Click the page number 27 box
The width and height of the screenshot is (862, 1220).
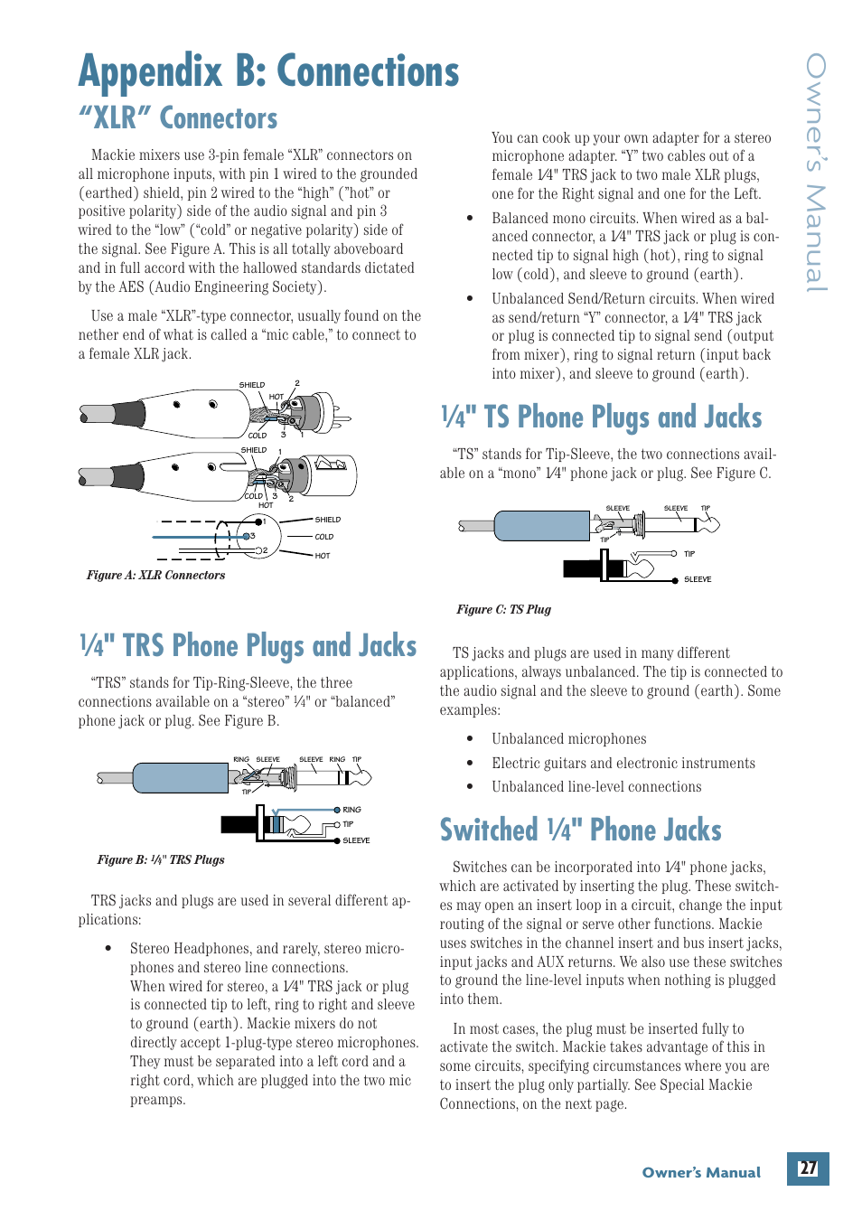point(807,1168)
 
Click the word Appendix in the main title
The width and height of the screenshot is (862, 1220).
point(150,72)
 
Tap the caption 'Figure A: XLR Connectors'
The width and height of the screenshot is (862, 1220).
point(155,576)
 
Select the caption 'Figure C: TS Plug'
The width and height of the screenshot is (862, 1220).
point(503,610)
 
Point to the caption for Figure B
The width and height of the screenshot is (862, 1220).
point(161,860)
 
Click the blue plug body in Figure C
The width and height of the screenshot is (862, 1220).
point(541,525)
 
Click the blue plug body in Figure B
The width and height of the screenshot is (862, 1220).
point(180,777)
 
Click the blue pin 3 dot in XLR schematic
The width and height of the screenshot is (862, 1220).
point(247,537)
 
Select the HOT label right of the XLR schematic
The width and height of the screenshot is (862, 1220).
point(323,556)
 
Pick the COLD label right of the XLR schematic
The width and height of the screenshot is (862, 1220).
point(324,537)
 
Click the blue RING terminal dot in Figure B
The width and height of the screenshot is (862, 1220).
point(337,810)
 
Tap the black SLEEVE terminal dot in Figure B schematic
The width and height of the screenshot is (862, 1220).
point(337,840)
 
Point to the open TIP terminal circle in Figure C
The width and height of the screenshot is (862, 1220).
point(674,554)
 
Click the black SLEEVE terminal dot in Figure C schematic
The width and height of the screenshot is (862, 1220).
point(675,579)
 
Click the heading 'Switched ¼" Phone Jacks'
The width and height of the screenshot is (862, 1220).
point(580,831)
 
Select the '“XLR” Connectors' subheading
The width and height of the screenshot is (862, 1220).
point(178,118)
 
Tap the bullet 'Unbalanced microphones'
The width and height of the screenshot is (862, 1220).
point(568,739)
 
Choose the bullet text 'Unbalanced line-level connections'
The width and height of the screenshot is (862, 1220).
point(596,787)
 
